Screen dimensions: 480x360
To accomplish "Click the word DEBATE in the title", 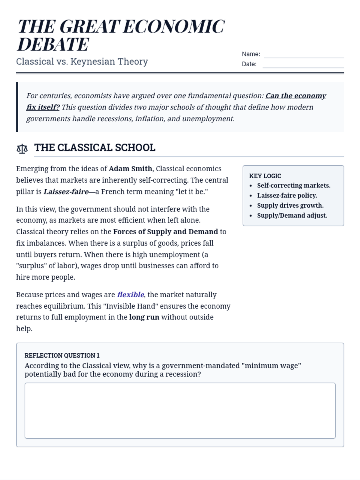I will pyautogui.click(x=53, y=44).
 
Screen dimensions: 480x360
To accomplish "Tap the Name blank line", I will pyautogui.click(x=304, y=55).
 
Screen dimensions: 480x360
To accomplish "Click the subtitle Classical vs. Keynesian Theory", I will pyautogui.click(x=82, y=61).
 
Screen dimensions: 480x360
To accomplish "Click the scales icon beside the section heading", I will pyautogui.click(x=22, y=148).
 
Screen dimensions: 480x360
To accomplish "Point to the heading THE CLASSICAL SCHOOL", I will pyautogui.click(x=95, y=148).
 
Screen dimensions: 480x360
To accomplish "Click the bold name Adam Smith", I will pyautogui.click(x=130, y=169).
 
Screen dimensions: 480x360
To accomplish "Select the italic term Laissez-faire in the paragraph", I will pyautogui.click(x=66, y=192).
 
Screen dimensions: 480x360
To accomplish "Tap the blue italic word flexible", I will pyautogui.click(x=130, y=295).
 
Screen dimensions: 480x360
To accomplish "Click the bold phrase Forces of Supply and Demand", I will pyautogui.click(x=165, y=232).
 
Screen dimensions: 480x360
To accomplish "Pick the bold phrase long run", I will pyautogui.click(x=144, y=317).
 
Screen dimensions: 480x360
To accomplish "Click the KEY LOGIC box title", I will pyautogui.click(x=265, y=176).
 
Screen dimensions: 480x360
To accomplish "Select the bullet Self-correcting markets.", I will pyautogui.click(x=294, y=185).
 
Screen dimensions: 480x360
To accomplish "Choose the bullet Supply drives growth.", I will pyautogui.click(x=290, y=205).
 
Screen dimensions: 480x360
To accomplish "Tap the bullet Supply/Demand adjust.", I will pyautogui.click(x=292, y=215).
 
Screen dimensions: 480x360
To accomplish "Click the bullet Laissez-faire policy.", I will pyautogui.click(x=287, y=196).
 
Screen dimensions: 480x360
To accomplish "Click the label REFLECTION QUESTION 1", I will pyautogui.click(x=62, y=355).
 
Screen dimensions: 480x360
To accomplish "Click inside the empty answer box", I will pyautogui.click(x=180, y=410).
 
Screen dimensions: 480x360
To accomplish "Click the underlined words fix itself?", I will pyautogui.click(x=43, y=107).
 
